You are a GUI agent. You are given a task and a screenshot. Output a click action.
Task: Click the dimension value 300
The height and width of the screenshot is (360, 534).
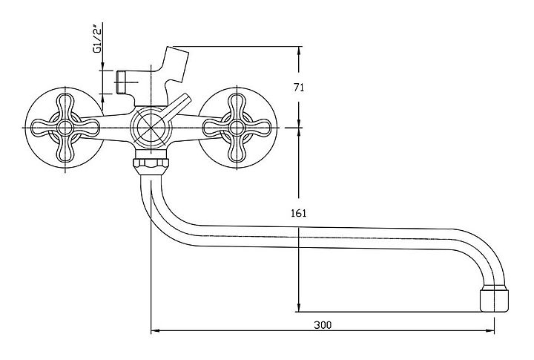pos(322,325)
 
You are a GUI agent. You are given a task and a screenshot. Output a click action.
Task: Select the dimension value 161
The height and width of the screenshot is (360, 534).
pos(299,214)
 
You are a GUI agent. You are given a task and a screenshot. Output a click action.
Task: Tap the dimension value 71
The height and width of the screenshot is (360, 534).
pos(299,88)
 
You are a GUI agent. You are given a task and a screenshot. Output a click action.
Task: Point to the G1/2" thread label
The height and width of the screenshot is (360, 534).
pos(98,39)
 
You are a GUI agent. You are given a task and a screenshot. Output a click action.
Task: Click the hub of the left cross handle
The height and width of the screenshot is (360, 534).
pos(65,128)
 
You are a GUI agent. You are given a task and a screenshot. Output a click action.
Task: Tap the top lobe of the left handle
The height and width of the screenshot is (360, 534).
pos(65,105)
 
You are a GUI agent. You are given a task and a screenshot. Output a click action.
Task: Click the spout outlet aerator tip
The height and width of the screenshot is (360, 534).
pos(495,300)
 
